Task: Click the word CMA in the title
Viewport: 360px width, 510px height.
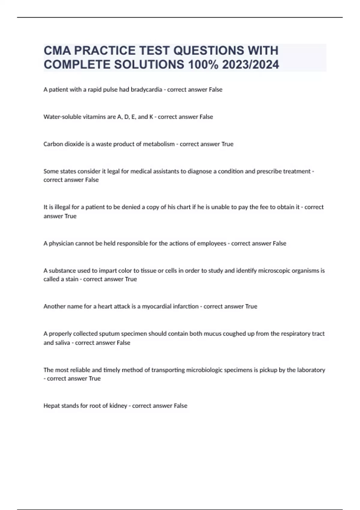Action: [57, 51]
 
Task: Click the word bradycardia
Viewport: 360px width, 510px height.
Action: [146, 90]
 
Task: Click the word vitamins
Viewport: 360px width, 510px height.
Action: [94, 117]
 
